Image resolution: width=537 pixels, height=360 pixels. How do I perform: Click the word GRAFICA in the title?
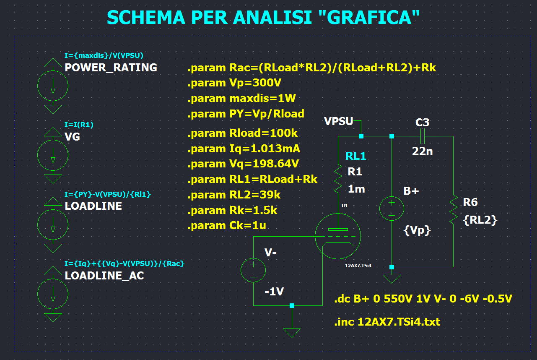pyautogui.click(x=369, y=18)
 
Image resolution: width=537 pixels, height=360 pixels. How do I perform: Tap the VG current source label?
pyautogui.click(x=72, y=137)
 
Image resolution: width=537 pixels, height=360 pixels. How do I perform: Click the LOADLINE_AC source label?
pyautogui.click(x=104, y=276)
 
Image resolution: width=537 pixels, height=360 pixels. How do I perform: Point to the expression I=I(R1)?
pyautogui.click(x=79, y=125)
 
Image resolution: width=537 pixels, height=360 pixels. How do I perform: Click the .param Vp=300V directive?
pyautogui.click(x=234, y=83)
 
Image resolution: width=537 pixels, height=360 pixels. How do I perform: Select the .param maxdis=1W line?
pyautogui.click(x=241, y=98)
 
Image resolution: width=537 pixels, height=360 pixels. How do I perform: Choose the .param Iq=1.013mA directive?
pyautogui.click(x=244, y=149)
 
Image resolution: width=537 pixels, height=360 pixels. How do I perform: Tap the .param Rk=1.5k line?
pyautogui.click(x=232, y=210)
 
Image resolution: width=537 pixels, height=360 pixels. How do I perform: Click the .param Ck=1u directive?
pyautogui.click(x=226, y=226)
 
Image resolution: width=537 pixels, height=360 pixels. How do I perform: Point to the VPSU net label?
pyautogui.click(x=338, y=121)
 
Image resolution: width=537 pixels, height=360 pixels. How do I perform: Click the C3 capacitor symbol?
pyautogui.click(x=423, y=136)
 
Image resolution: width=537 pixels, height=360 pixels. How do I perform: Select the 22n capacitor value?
pyautogui.click(x=422, y=151)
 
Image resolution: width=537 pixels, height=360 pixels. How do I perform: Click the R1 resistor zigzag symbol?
pyautogui.click(x=338, y=179)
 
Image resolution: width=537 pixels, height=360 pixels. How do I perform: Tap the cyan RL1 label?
pyautogui.click(x=356, y=156)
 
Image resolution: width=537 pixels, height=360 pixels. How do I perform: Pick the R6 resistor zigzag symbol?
pyautogui.click(x=453, y=209)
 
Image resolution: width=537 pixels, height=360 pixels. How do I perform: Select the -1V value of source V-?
pyautogui.click(x=274, y=292)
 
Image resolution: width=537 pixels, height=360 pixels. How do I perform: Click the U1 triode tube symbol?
pyautogui.click(x=338, y=236)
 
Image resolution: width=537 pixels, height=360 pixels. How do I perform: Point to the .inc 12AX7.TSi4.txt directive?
pyautogui.click(x=387, y=322)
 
